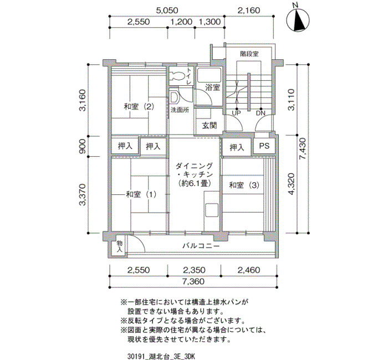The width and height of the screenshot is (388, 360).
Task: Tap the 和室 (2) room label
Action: click(x=139, y=107)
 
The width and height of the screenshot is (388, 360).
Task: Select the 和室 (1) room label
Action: click(x=141, y=194)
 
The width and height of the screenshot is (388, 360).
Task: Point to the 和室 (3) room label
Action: click(x=244, y=185)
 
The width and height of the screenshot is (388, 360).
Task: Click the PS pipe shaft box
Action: click(x=264, y=146)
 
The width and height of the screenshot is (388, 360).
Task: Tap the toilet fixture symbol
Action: click(x=177, y=76)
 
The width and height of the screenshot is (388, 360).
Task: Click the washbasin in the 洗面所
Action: click(x=174, y=97)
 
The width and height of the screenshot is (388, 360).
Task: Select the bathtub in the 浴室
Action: click(x=209, y=75)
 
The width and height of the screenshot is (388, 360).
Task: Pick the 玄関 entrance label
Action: click(x=210, y=126)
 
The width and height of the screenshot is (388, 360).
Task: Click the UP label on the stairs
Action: click(x=236, y=113)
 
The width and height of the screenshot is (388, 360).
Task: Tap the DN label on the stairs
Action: click(x=261, y=113)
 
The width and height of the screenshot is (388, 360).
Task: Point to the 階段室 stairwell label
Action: click(x=249, y=54)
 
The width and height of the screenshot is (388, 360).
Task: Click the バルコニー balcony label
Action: click(x=201, y=246)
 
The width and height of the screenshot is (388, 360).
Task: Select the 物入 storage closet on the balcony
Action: click(x=120, y=246)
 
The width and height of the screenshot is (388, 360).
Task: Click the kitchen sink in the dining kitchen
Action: click(x=212, y=210)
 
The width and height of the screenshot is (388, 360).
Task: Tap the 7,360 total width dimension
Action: click(x=193, y=281)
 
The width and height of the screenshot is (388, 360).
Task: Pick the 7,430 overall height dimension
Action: click(x=303, y=148)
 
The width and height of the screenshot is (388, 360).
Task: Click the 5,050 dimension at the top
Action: click(x=167, y=10)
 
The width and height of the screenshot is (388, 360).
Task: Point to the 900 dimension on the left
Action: click(x=83, y=146)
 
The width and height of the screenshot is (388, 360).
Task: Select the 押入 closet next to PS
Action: click(x=237, y=148)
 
